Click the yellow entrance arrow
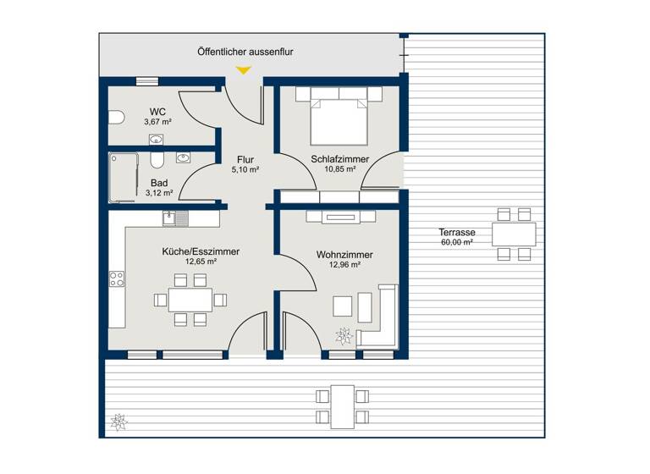(244, 71)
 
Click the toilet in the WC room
(116, 117)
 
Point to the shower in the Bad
(123, 178)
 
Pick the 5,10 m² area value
(246, 168)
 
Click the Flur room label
(246, 158)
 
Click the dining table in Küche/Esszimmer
(190, 300)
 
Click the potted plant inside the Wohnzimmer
(344, 336)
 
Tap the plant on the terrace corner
(117, 420)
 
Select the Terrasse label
(455, 232)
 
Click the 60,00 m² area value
(455, 242)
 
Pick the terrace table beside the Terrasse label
(514, 233)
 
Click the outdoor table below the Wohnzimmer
(342, 405)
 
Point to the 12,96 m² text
(344, 265)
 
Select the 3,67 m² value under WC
(158, 122)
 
